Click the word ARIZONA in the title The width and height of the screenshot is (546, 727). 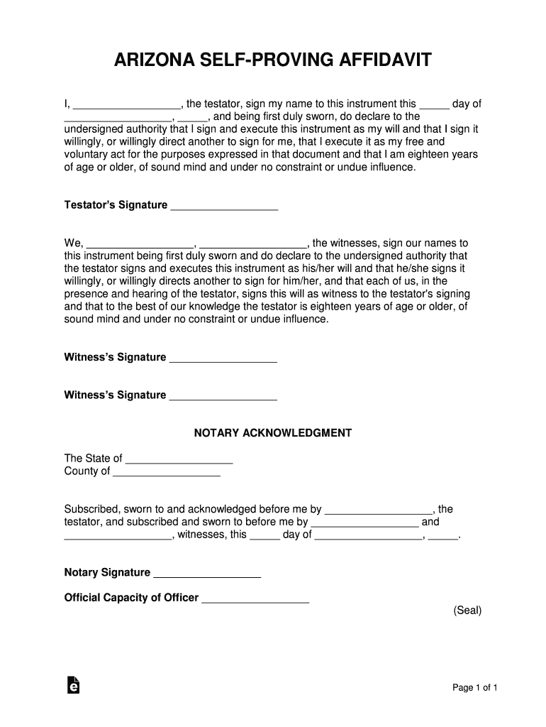tap(154, 62)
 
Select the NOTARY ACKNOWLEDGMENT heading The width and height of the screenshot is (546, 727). tap(273, 432)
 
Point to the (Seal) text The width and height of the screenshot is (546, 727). tap(467, 610)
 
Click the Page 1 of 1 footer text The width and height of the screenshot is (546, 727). tap(475, 687)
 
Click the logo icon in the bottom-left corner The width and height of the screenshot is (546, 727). tap(72, 684)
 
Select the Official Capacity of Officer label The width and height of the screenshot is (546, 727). tap(131, 598)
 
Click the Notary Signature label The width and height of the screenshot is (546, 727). tap(107, 572)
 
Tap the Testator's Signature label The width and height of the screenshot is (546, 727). tap(116, 205)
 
